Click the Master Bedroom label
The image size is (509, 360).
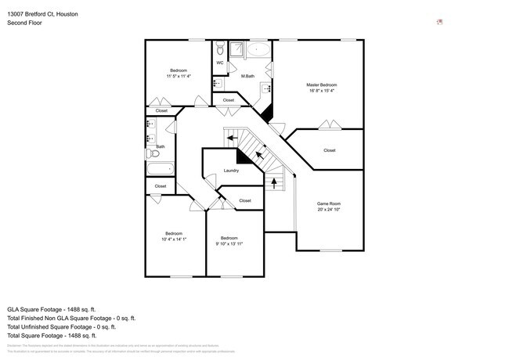[x=321, y=84]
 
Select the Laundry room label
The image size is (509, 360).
[x=231, y=171]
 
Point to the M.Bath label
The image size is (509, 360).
[x=247, y=76]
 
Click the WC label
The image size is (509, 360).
[x=220, y=63]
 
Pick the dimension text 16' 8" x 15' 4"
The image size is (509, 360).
[x=321, y=91]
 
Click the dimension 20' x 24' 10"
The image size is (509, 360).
[x=329, y=210]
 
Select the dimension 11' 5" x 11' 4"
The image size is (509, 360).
[x=179, y=77]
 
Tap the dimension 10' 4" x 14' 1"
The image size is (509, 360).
[x=173, y=239]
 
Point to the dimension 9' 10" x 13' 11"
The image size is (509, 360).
[x=229, y=244]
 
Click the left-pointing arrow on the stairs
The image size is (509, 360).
[x=233, y=139]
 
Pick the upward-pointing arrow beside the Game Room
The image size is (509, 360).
[x=274, y=184]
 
